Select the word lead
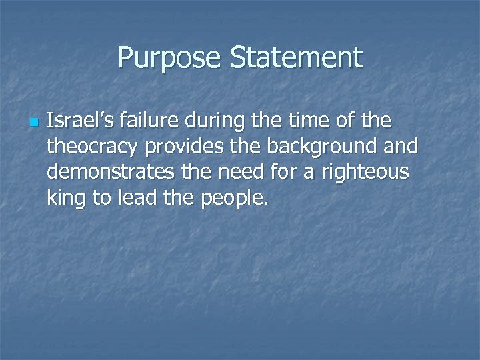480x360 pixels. (137, 197)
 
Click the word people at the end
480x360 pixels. (232, 197)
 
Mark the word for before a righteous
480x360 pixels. (289, 172)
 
